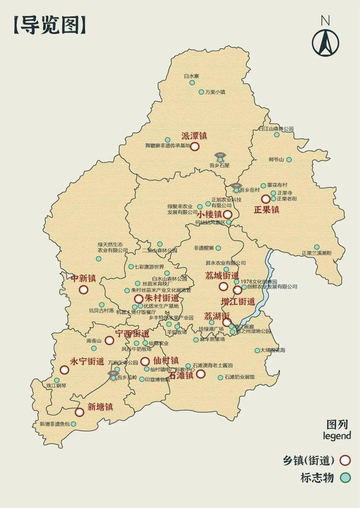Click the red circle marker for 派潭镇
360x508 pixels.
point(195,147)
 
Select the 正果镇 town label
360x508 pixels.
point(266,210)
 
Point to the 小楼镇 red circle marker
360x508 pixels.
point(227,215)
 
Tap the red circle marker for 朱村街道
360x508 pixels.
point(138,298)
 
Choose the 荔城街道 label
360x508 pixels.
point(222,275)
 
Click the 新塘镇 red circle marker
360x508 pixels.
point(79,412)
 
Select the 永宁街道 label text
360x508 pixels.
point(87,361)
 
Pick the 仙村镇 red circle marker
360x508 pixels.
point(145,361)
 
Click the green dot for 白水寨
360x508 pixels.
point(192,83)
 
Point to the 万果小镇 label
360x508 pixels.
point(214,92)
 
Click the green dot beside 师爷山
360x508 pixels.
point(289,160)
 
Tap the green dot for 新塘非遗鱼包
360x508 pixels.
point(73,424)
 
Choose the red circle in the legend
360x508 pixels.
point(345,460)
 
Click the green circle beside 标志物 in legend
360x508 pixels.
point(345,478)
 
